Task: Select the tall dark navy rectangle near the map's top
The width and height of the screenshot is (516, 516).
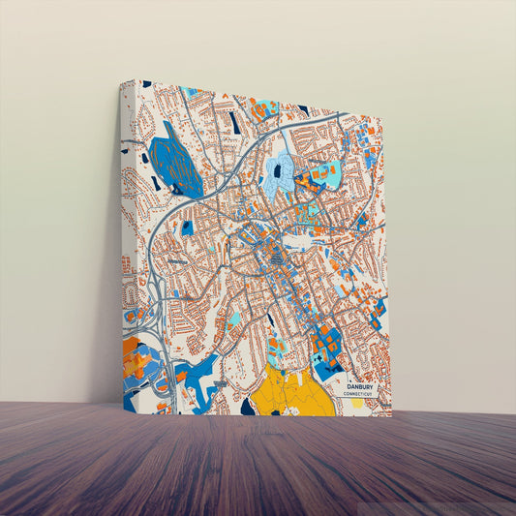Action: click(x=233, y=122)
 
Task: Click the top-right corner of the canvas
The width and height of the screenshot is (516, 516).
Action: click(x=384, y=122)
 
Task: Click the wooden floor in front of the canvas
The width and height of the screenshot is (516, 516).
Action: click(x=258, y=465)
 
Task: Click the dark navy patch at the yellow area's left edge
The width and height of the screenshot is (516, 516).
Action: click(x=248, y=407)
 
